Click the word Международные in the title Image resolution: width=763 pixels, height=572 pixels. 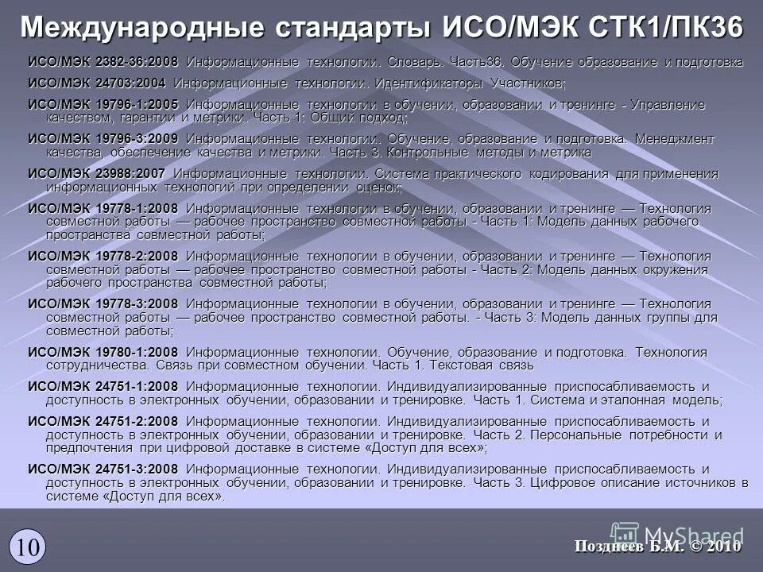[x=142, y=26]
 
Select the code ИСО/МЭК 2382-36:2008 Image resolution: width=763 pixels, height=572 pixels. [x=103, y=62]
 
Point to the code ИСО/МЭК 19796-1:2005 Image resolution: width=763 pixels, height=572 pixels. [x=103, y=105]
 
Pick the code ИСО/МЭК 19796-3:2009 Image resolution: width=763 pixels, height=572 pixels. [x=103, y=139]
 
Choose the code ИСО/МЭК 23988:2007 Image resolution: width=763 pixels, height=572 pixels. [x=97, y=173]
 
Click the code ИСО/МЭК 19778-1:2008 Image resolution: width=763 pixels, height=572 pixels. [x=103, y=208]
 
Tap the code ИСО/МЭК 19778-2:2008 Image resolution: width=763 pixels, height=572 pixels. [x=103, y=256]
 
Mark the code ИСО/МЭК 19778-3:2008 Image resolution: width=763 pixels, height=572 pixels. [x=103, y=303]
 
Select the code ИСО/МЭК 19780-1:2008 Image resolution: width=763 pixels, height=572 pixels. [x=103, y=352]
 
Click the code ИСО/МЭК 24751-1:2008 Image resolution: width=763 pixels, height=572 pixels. [x=103, y=386]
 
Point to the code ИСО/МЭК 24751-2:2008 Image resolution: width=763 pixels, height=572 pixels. [x=103, y=421]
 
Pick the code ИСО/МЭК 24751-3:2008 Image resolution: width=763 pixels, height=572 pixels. [x=103, y=469]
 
